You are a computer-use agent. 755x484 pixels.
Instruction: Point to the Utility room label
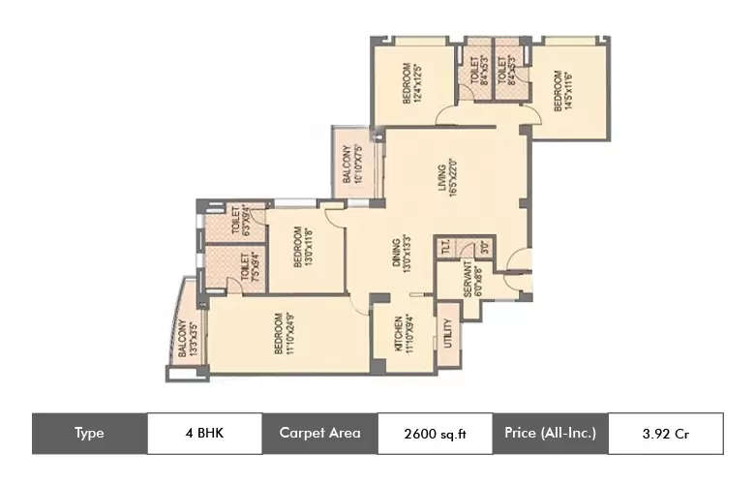(447, 334)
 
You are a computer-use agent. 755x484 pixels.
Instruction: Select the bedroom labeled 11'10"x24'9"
(283, 334)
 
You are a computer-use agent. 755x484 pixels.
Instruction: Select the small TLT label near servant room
(444, 249)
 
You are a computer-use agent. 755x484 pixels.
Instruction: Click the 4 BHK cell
(204, 434)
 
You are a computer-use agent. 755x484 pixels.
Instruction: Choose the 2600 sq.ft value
(435, 434)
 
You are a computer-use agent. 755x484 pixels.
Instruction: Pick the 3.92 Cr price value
(665, 434)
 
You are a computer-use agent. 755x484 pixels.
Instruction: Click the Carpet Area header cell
(319, 434)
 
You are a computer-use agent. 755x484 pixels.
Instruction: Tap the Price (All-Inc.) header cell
(550, 434)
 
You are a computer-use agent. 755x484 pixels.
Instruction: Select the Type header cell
(89, 434)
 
